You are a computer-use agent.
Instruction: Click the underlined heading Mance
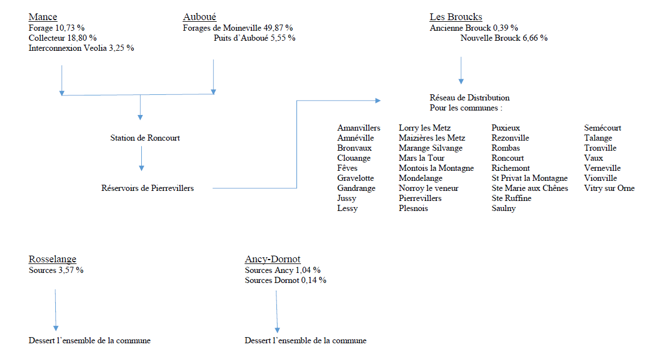tap(42, 17)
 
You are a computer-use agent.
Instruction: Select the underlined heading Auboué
tap(199, 17)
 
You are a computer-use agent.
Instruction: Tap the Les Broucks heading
tap(456, 17)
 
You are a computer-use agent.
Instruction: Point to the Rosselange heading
tap(52, 259)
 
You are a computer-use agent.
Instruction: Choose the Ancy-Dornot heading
tap(272, 259)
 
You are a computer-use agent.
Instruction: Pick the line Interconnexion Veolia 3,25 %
tap(81, 48)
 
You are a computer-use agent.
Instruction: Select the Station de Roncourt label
tap(145, 138)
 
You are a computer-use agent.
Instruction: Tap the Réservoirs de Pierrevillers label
tap(147, 188)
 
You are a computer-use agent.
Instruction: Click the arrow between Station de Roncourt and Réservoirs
tap(142, 159)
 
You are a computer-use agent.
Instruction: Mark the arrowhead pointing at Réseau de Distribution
tap(377, 100)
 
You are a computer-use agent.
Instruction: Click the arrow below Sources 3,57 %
tap(55, 310)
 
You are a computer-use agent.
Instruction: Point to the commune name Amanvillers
tap(359, 128)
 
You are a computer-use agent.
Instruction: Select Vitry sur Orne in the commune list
tap(609, 188)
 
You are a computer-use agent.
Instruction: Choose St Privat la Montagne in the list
tap(529, 178)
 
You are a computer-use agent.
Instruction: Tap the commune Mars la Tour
tap(422, 158)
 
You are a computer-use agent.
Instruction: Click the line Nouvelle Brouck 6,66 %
tap(504, 38)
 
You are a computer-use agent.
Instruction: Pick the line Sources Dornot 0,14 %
tap(285, 280)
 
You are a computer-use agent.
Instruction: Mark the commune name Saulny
tap(503, 208)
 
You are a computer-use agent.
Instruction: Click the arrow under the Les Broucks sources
tap(461, 70)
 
